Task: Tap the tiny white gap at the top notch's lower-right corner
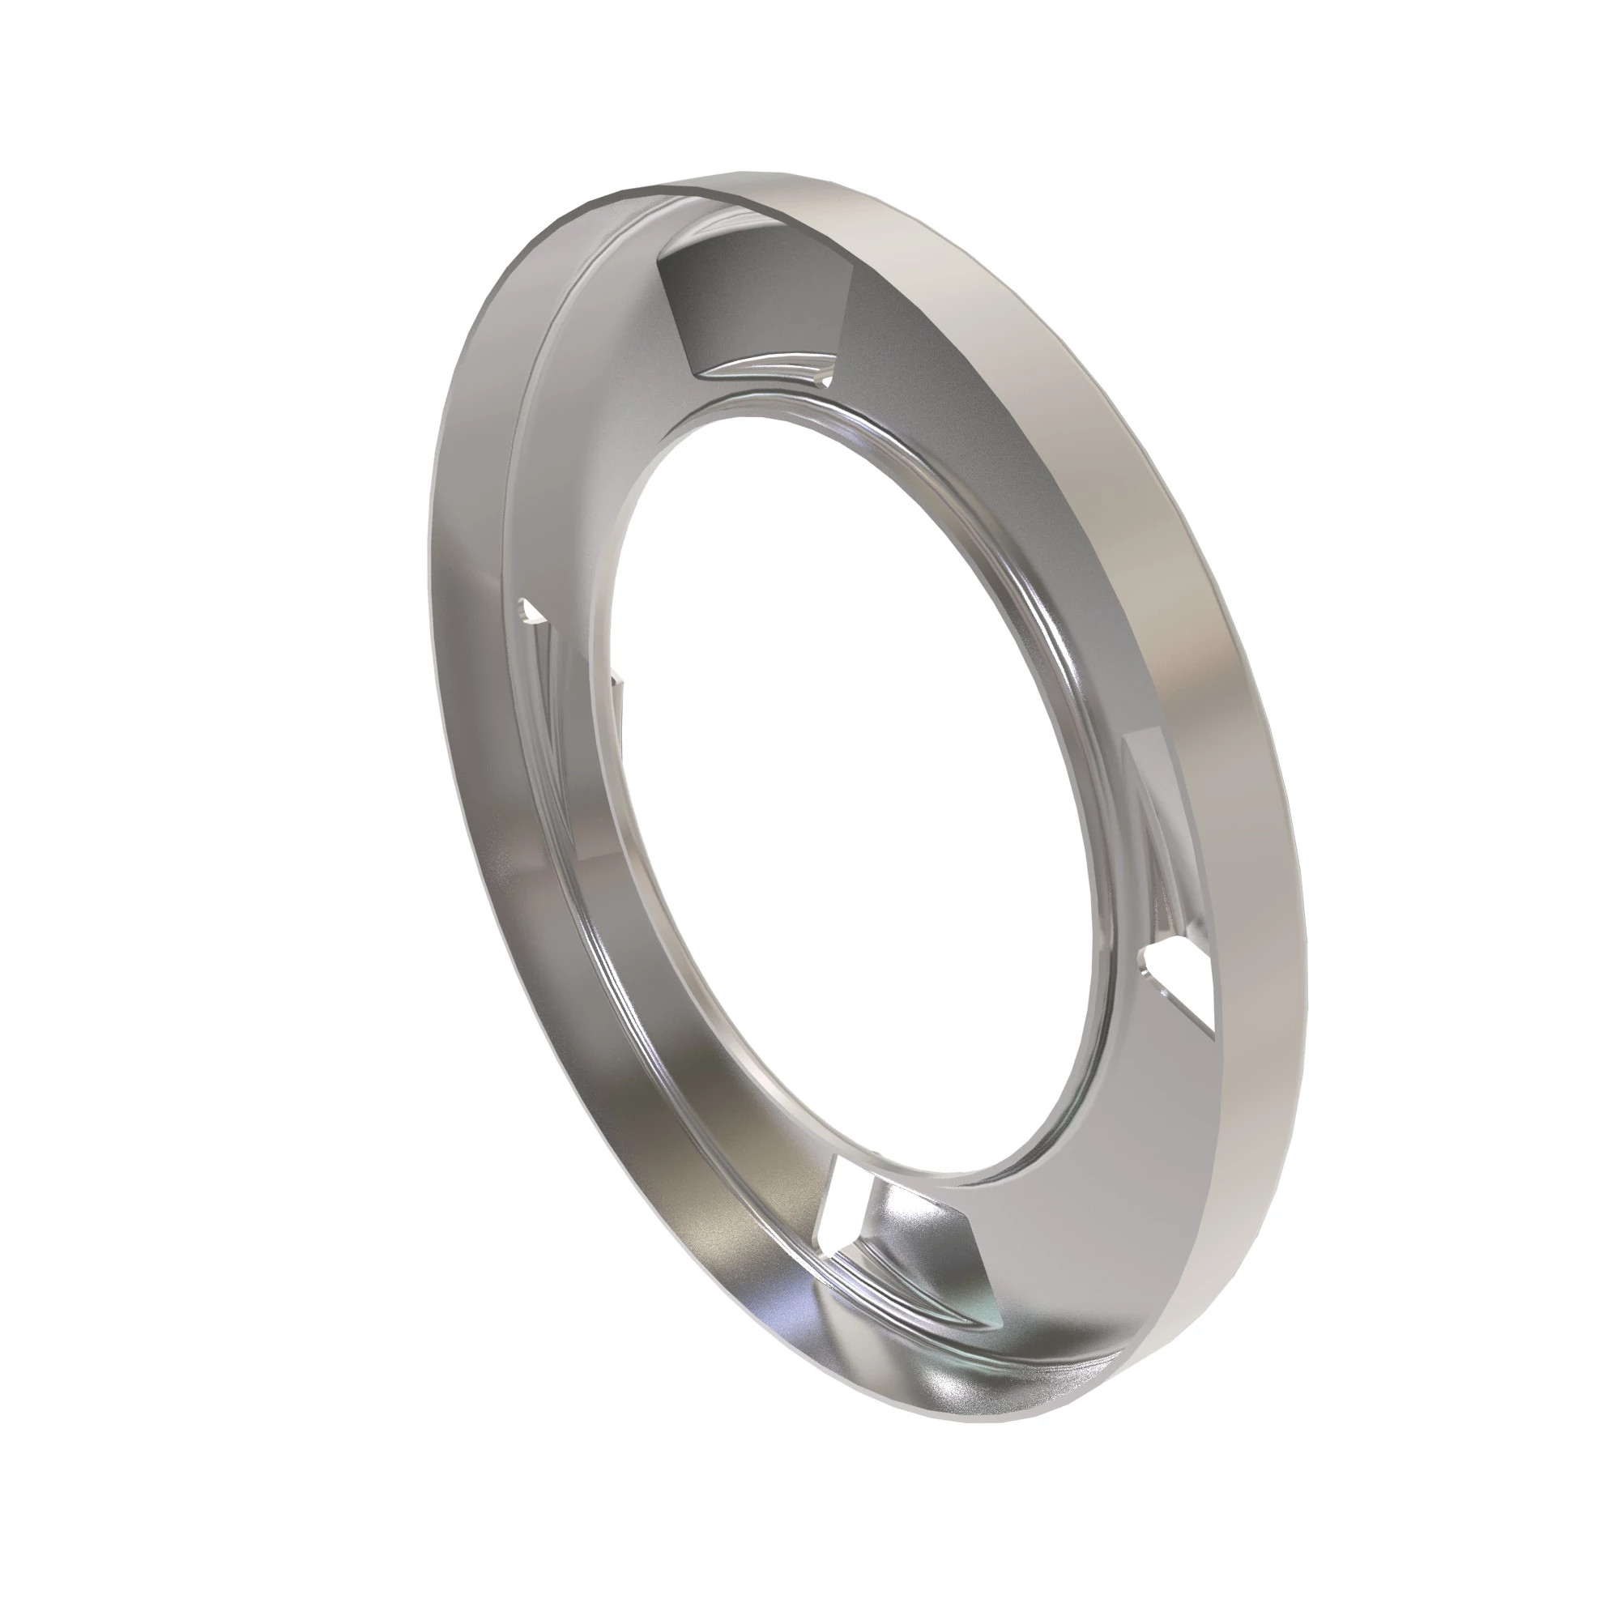click(x=826, y=382)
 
